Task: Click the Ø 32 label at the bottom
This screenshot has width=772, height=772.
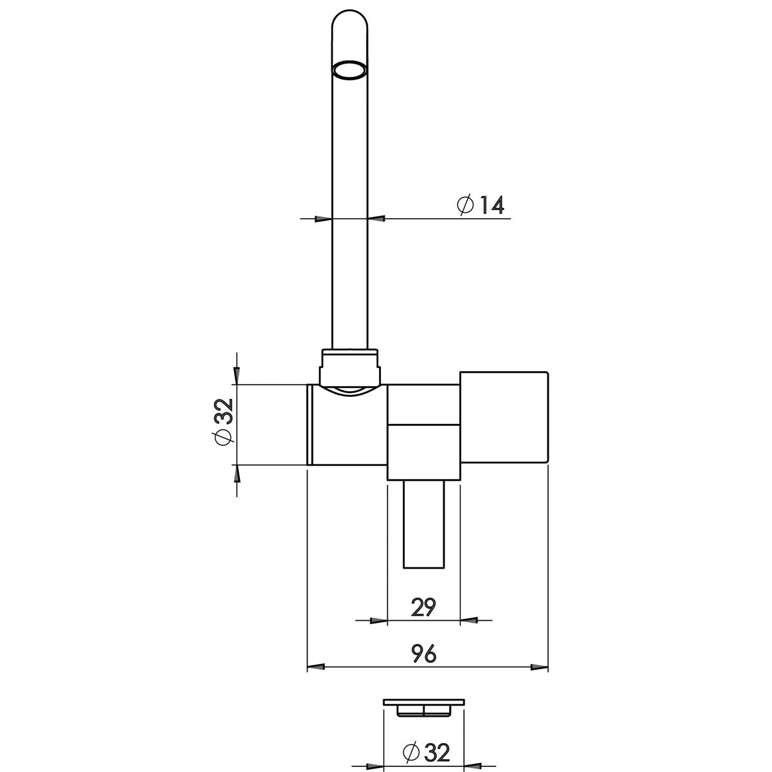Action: click(x=424, y=751)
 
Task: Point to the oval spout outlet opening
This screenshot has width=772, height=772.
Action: click(x=351, y=69)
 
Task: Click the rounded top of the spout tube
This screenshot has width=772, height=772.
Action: click(x=351, y=23)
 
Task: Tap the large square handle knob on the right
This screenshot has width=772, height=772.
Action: click(x=504, y=417)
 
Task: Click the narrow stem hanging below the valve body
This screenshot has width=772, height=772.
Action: click(x=423, y=524)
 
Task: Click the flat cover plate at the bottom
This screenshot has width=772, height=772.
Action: click(x=423, y=702)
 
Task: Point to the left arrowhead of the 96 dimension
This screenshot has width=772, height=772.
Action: click(x=315, y=667)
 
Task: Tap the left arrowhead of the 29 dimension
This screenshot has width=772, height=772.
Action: click(x=379, y=620)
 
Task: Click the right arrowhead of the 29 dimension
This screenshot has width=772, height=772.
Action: click(x=469, y=620)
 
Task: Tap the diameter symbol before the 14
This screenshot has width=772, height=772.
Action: click(x=465, y=205)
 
